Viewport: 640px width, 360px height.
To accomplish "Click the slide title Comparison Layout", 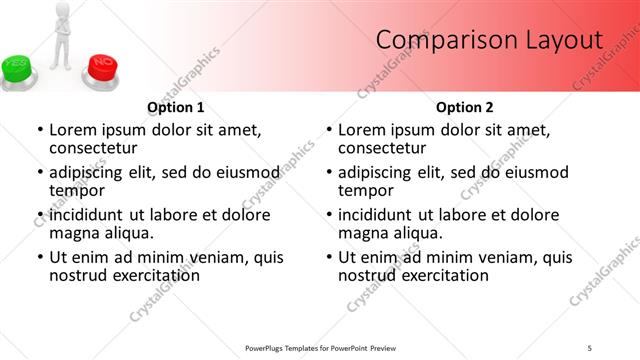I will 489,40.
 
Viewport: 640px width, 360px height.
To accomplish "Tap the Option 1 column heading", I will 176,107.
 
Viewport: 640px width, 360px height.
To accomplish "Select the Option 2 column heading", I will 465,107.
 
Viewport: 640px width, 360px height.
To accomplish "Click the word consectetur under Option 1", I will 93,147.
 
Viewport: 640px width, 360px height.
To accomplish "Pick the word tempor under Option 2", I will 363,189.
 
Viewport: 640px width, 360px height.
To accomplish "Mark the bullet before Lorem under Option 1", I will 40,130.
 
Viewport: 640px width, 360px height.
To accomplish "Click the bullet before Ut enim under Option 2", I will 329,257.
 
